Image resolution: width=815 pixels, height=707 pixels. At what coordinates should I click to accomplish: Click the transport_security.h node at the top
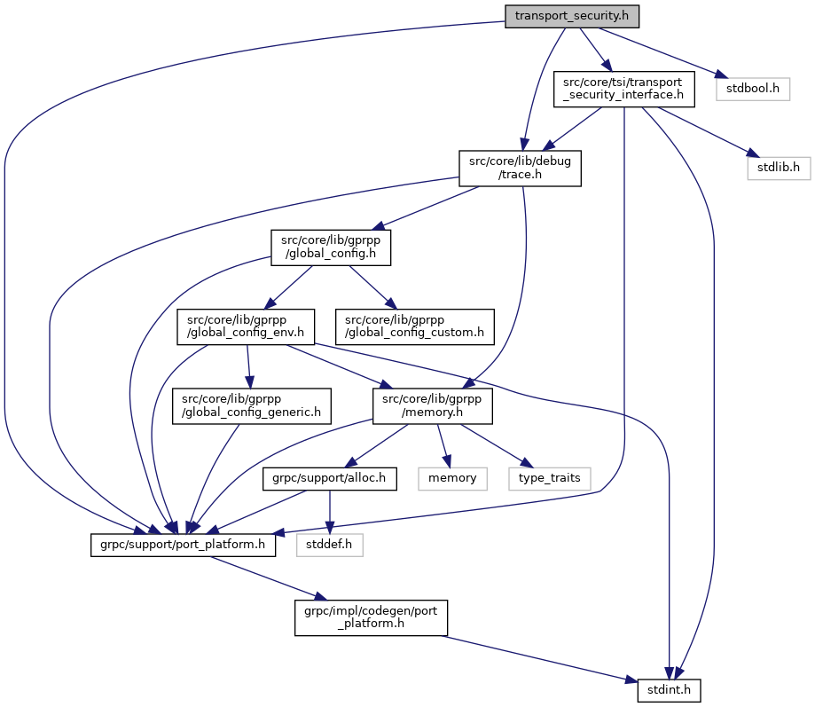[571, 16]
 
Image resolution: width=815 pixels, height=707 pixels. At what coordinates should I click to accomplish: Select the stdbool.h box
[753, 89]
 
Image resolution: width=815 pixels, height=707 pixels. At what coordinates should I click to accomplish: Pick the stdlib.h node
[779, 166]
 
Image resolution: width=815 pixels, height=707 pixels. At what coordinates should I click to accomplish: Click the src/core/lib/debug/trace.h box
[520, 168]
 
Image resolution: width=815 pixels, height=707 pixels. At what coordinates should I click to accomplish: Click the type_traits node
[550, 477]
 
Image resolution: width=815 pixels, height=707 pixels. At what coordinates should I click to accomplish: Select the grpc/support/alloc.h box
[329, 477]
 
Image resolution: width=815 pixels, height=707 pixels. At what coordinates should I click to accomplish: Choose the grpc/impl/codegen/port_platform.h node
[372, 617]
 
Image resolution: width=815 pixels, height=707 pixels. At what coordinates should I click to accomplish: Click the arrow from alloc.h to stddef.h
[331, 508]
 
